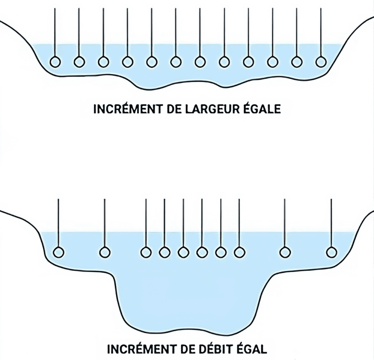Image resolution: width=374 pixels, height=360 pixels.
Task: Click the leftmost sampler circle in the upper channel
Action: pyautogui.click(x=55, y=62)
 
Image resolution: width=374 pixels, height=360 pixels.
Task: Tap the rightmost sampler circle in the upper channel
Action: pyautogui.click(x=321, y=62)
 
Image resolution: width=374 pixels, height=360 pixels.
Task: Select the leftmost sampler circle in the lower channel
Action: pyautogui.click(x=58, y=252)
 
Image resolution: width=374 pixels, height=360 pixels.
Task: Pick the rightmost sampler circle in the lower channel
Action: pyautogui.click(x=331, y=252)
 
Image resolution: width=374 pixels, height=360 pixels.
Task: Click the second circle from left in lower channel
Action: pyautogui.click(x=105, y=252)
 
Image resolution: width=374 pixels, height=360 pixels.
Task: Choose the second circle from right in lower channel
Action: pyautogui.click(x=285, y=252)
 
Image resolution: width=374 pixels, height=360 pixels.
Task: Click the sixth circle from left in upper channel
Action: pyautogui.click(x=176, y=62)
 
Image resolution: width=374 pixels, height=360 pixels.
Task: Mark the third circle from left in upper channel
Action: pyautogui.click(x=103, y=62)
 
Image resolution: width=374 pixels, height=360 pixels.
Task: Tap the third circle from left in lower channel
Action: pyautogui.click(x=146, y=252)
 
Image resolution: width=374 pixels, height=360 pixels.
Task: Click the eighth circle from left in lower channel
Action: pyautogui.click(x=239, y=252)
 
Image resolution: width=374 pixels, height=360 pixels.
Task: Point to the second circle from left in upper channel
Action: pyautogui.click(x=79, y=62)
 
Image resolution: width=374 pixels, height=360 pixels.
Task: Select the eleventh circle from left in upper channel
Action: pyautogui.click(x=297, y=62)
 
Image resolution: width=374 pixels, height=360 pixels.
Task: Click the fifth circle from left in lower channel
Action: pyautogui.click(x=183, y=252)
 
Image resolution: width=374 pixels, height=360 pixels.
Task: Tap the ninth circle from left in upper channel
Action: pyautogui.click(x=248, y=62)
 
